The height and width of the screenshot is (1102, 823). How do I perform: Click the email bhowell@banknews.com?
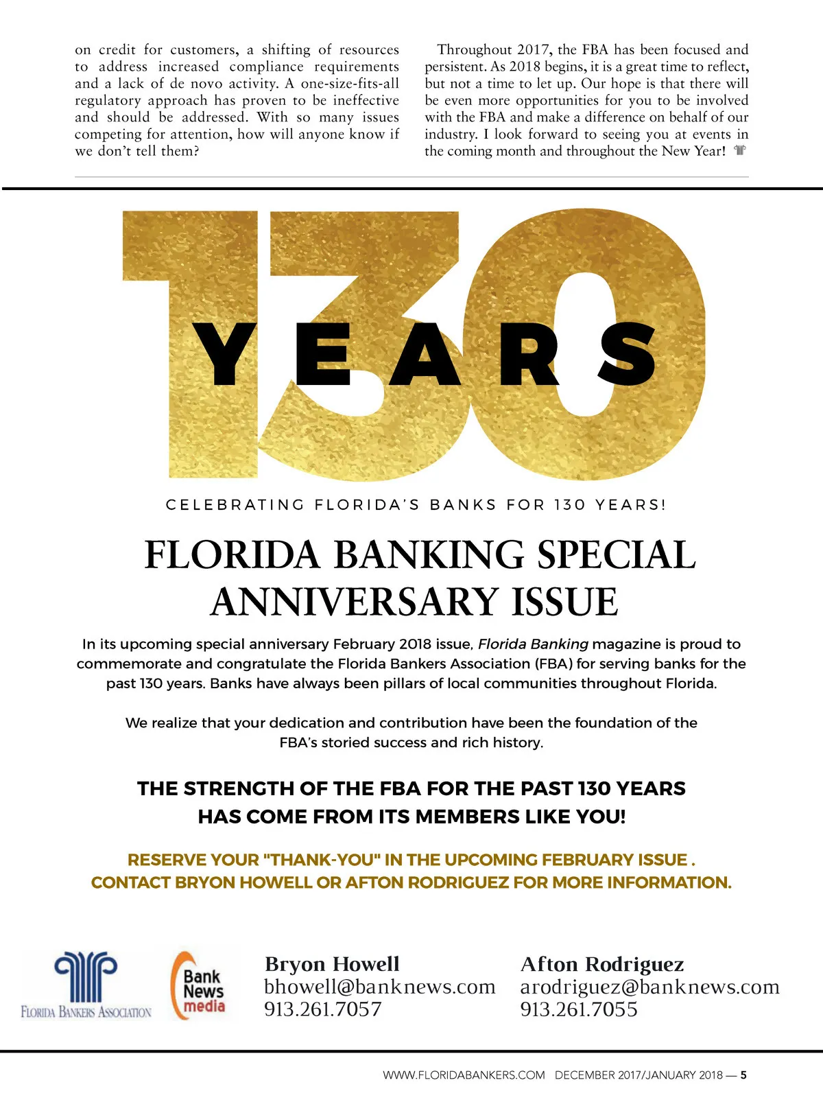[x=379, y=987]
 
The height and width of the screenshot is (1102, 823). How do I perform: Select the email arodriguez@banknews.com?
[x=649, y=987]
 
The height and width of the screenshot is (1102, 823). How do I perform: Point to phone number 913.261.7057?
[x=322, y=1009]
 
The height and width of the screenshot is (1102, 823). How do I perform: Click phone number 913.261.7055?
[x=578, y=1009]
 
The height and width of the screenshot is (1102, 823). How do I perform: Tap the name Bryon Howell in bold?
[x=332, y=964]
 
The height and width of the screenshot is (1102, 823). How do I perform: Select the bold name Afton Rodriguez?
[x=601, y=964]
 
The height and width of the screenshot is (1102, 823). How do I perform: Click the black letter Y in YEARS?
[x=224, y=353]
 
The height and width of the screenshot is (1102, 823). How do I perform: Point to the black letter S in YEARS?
[x=627, y=353]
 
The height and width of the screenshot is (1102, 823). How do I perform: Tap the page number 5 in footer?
[x=743, y=1075]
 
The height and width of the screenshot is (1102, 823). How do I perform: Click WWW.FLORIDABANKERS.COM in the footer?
[x=464, y=1075]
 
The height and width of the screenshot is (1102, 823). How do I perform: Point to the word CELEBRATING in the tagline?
[x=235, y=505]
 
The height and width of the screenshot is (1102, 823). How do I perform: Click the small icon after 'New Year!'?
[x=739, y=150]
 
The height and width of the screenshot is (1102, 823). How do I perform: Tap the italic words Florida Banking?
[x=533, y=644]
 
